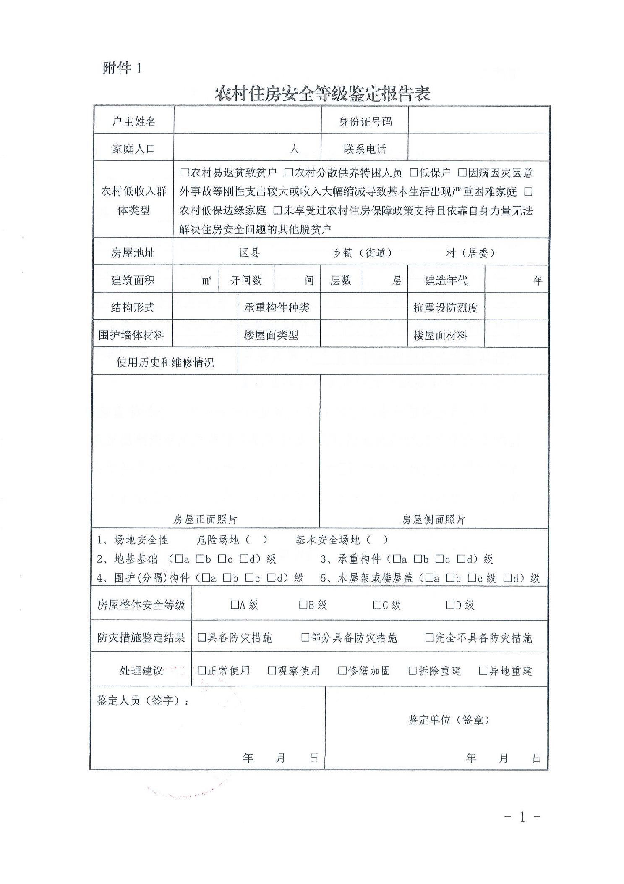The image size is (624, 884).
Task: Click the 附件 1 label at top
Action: pyautogui.click(x=122, y=68)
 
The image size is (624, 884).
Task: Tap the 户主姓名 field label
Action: pyautogui.click(x=134, y=122)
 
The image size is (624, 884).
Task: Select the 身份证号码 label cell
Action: pyautogui.click(x=365, y=122)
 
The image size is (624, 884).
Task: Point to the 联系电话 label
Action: pyautogui.click(x=365, y=149)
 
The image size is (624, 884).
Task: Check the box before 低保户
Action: pyautogui.click(x=414, y=172)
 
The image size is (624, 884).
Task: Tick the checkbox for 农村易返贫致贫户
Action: pyautogui.click(x=184, y=172)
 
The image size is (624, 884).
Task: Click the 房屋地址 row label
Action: pyautogui.click(x=133, y=253)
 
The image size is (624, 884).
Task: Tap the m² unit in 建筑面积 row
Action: pyautogui.click(x=206, y=281)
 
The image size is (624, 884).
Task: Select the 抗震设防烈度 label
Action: pyautogui.click(x=446, y=308)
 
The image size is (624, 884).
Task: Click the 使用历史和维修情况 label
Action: pyautogui.click(x=165, y=362)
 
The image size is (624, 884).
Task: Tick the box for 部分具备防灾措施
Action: pyautogui.click(x=305, y=637)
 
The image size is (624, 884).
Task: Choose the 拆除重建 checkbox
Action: pyautogui.click(x=413, y=671)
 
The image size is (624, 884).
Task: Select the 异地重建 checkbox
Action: pyautogui.click(x=483, y=671)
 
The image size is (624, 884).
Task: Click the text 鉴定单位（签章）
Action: pyautogui.click(x=449, y=720)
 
